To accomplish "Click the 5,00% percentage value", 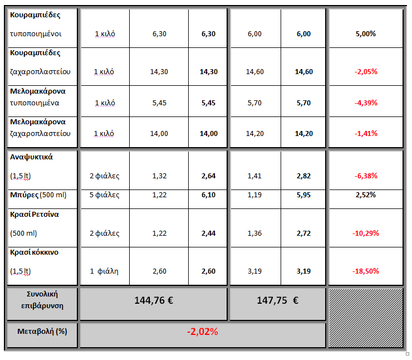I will (x=366, y=34).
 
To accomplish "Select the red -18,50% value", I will (x=366, y=271).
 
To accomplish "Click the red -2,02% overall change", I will (x=203, y=332).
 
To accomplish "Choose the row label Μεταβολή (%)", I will (x=42, y=331).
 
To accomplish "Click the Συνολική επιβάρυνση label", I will (x=42, y=299).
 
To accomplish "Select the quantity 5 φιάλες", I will (x=105, y=195).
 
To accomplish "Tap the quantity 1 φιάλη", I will (x=105, y=271).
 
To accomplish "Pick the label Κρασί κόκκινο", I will (x=34, y=252).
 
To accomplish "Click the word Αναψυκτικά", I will (x=32, y=157).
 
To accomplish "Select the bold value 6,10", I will (x=208, y=195).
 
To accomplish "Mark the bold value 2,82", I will (x=303, y=176).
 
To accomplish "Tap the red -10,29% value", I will (x=366, y=233).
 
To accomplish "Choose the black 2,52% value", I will (x=366, y=195).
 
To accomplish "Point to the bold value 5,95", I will (x=303, y=195).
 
